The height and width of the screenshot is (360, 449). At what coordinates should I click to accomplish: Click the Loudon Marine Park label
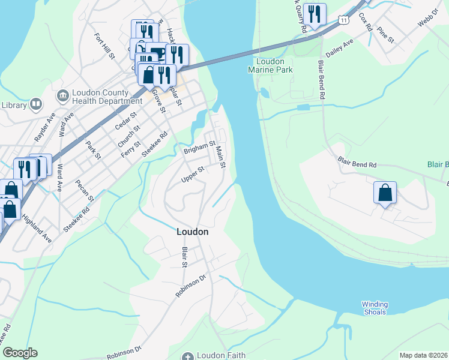click(274, 65)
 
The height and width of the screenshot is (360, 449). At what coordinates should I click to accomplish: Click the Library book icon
click(36, 105)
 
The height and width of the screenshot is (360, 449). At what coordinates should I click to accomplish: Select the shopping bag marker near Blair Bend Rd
click(385, 193)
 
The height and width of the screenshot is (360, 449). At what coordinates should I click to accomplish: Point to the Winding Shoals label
click(375, 307)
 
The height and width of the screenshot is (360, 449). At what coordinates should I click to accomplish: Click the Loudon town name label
click(192, 231)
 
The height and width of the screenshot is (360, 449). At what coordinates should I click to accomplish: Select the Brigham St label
click(199, 148)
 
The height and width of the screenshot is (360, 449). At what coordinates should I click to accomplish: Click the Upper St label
click(193, 175)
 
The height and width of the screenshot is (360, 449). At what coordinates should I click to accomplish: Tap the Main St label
click(220, 156)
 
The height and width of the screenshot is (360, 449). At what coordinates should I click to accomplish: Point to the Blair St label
click(185, 257)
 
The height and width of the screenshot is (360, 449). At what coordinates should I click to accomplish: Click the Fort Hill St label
click(104, 46)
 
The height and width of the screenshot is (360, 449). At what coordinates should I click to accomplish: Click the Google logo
click(19, 353)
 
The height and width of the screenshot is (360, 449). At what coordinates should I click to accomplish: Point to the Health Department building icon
click(62, 96)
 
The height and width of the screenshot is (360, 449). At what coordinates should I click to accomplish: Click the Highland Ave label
click(38, 231)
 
